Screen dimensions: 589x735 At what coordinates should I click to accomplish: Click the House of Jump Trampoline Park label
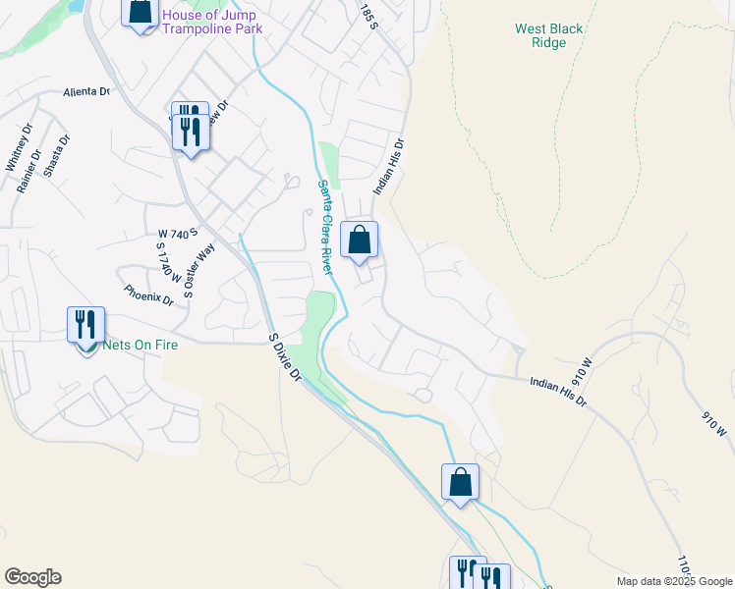coord(209,22)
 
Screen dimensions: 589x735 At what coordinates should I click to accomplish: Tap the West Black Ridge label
coord(548,35)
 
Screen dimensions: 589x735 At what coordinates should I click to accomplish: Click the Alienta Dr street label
coord(86,91)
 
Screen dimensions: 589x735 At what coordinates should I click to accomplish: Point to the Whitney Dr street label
coord(19,152)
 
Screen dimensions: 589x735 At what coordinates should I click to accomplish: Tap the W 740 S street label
coord(178,234)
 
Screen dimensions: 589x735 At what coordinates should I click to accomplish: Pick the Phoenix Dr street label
coord(148,294)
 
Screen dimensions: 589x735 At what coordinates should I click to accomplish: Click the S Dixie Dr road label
coord(286,356)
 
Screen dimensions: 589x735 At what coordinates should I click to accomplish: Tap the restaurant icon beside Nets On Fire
coord(85,324)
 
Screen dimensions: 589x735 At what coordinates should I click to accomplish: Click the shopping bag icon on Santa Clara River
coord(360,240)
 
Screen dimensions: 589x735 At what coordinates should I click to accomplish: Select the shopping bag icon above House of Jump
coord(141,11)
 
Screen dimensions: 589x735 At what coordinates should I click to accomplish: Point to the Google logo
coord(32,577)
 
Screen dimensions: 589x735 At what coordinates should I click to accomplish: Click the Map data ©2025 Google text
coord(673,581)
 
